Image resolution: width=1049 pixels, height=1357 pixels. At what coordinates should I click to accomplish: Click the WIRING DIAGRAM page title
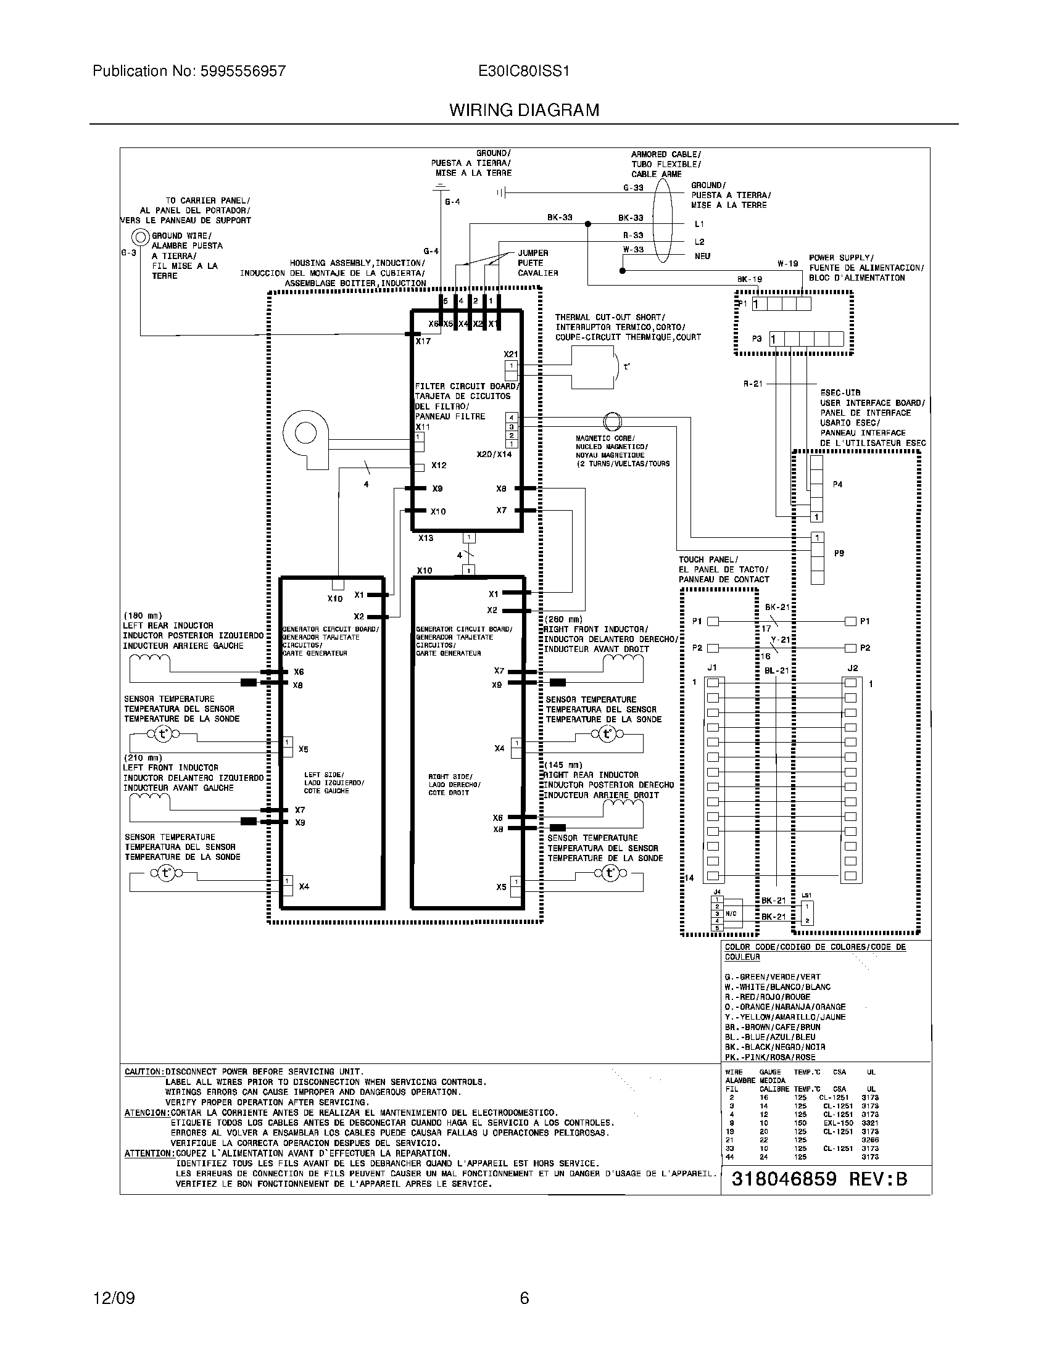[524, 110]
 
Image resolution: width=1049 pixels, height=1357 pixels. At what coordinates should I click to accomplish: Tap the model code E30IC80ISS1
[523, 72]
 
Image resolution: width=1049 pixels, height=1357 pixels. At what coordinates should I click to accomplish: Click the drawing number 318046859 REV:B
[819, 1179]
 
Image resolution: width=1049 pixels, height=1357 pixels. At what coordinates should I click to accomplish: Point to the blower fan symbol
[305, 433]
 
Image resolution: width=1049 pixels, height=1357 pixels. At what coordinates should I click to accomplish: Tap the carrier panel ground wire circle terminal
[141, 237]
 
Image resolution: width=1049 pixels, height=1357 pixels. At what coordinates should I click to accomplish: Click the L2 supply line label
[699, 242]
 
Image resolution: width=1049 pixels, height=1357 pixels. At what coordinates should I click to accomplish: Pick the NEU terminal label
[702, 256]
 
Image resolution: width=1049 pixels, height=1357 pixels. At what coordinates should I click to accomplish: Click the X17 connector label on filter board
[423, 341]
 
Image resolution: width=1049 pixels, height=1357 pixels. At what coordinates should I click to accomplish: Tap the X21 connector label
[510, 354]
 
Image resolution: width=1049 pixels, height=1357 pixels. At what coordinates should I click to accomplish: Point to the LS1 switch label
[806, 896]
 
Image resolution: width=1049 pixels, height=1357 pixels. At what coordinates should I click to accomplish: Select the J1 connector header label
[712, 668]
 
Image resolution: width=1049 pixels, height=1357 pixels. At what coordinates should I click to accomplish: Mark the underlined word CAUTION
[144, 1072]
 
